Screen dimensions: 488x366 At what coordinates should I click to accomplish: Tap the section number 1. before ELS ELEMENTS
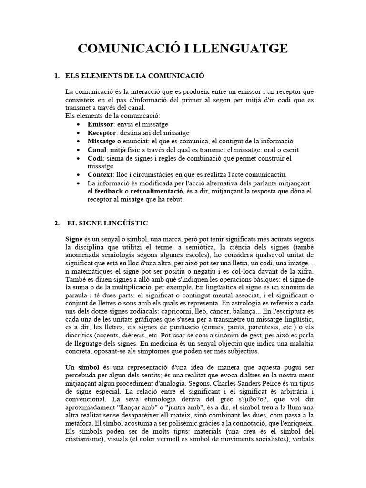(57, 76)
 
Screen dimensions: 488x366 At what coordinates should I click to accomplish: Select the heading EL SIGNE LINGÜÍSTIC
(108, 223)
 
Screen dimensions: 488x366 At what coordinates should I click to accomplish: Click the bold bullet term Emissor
(98, 124)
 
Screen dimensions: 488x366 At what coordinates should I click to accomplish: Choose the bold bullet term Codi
(94, 158)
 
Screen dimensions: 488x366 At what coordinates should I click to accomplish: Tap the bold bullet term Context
(99, 175)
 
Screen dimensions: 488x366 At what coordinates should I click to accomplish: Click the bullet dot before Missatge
(78, 142)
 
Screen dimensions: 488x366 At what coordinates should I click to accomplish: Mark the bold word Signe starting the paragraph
(74, 238)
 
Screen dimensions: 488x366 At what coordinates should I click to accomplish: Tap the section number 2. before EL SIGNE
(57, 223)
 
